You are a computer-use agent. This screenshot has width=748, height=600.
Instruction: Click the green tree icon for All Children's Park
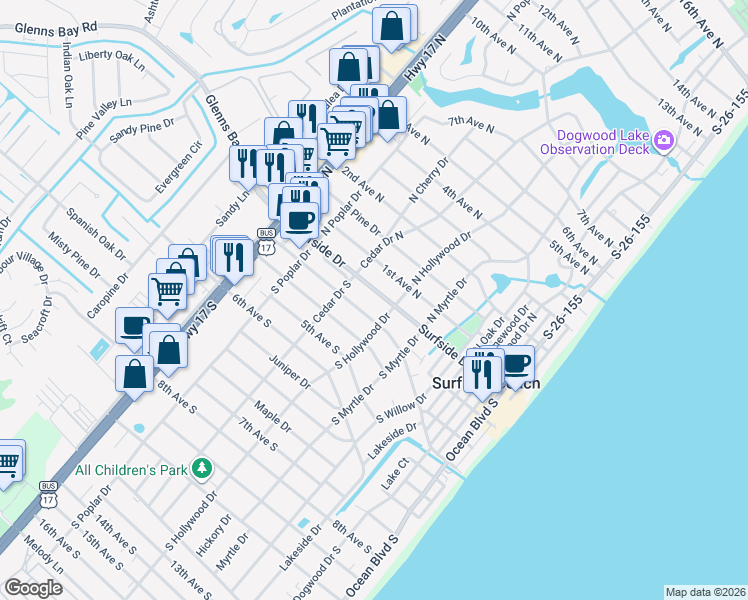[203, 468]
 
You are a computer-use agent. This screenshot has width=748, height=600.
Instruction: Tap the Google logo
[33, 587]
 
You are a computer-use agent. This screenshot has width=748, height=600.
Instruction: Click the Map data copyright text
[704, 591]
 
